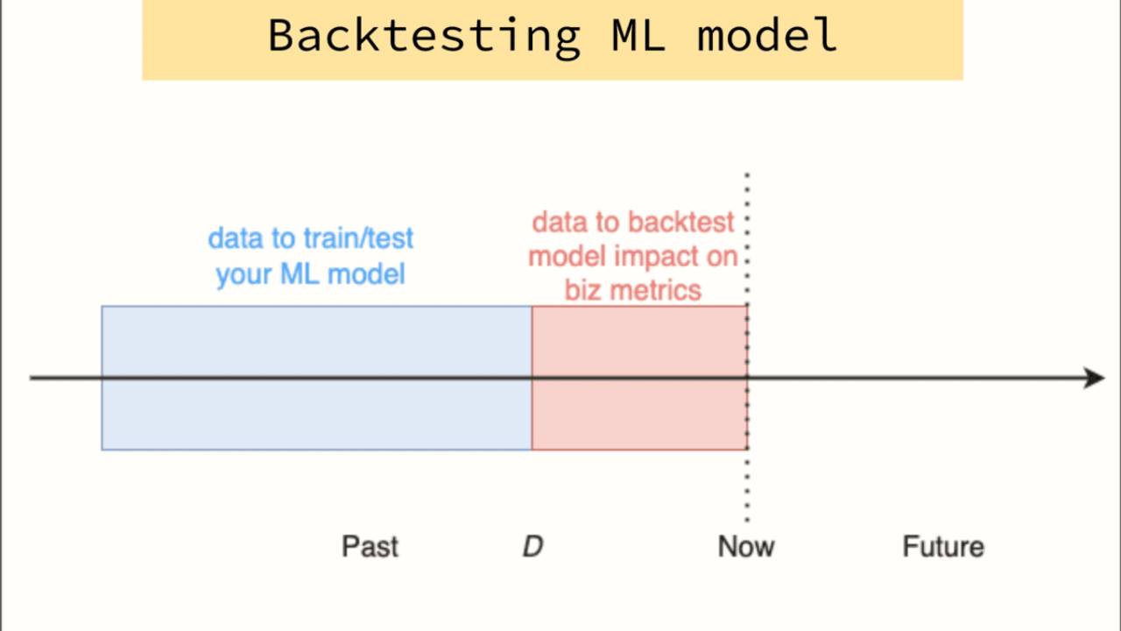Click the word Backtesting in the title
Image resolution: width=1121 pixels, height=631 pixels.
[423, 35]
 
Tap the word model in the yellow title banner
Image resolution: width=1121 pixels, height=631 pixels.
[767, 35]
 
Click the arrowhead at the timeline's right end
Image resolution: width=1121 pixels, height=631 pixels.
[1095, 378]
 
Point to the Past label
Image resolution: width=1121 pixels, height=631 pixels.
[370, 547]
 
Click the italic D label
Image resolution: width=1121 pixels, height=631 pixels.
[532, 547]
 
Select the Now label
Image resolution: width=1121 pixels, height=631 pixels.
[746, 547]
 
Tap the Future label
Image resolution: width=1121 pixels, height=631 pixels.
[943, 547]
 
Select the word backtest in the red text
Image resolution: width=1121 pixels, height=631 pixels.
[680, 223]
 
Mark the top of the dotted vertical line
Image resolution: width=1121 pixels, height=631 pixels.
[747, 176]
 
